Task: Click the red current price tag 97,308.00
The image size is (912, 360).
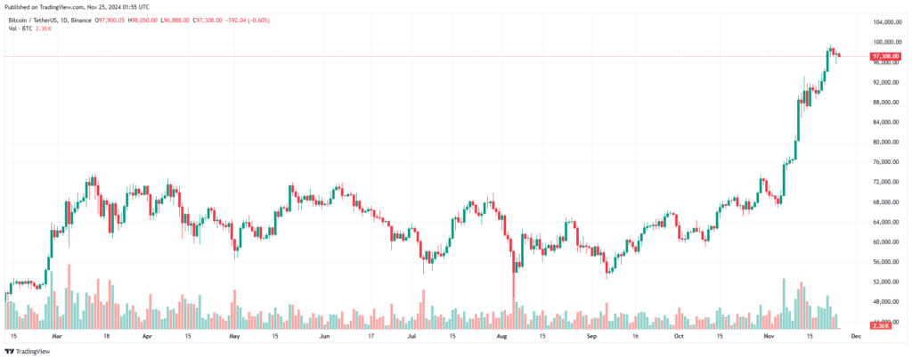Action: coord(886,56)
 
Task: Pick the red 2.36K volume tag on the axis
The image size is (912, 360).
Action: coord(882,326)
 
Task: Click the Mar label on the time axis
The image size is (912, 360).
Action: coord(57,337)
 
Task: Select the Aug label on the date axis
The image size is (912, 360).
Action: coord(502,337)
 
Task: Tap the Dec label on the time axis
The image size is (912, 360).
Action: coord(856,337)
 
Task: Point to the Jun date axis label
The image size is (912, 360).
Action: coord(324,337)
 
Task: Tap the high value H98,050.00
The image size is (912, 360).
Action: coord(170,19)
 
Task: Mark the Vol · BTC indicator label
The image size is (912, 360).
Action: coord(20,29)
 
